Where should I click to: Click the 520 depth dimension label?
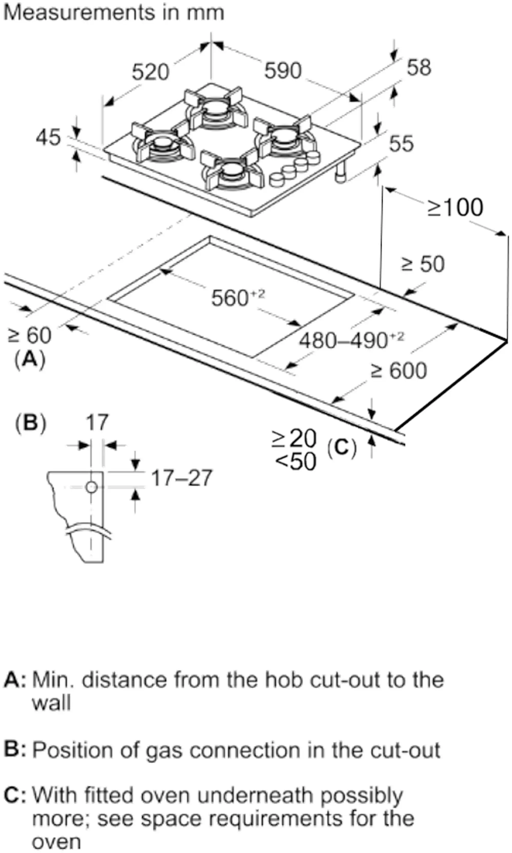tap(150, 72)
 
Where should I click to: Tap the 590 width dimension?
tap(283, 71)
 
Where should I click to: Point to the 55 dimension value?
tap(401, 144)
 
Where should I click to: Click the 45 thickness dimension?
tap(48, 138)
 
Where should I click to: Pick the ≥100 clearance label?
tap(455, 208)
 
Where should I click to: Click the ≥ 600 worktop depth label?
tap(399, 371)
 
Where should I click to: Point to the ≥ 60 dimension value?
tap(30, 335)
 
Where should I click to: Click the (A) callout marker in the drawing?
tap(30, 360)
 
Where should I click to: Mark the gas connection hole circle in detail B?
tap(92, 487)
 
